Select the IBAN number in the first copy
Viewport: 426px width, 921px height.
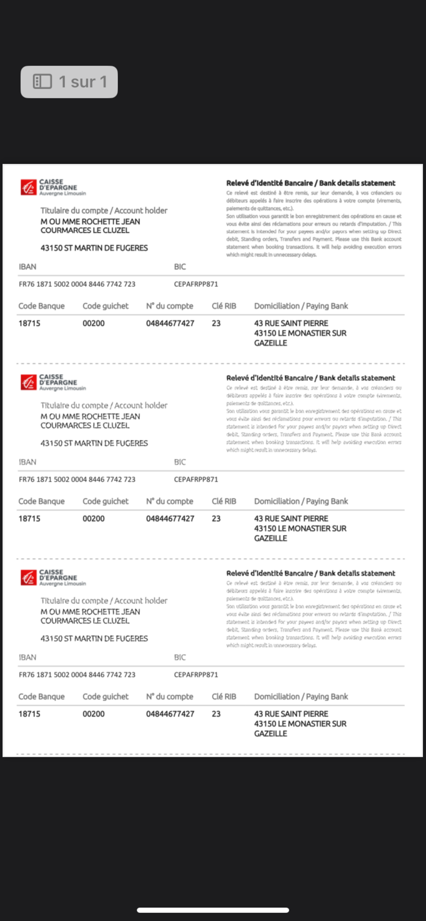point(77,284)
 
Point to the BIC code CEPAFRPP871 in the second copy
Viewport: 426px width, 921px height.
point(196,480)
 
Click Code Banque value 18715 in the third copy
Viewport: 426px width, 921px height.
point(29,714)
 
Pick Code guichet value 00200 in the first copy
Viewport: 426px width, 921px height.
point(94,324)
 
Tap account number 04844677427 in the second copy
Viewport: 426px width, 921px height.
point(170,519)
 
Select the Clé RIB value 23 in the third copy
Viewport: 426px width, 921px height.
point(216,714)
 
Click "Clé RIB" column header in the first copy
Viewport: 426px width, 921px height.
point(224,306)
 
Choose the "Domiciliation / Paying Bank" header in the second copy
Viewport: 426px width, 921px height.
point(301,501)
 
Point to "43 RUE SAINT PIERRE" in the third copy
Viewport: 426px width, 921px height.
point(291,714)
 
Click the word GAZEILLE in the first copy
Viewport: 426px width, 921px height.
point(270,343)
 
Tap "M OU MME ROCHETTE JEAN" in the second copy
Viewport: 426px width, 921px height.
point(90,417)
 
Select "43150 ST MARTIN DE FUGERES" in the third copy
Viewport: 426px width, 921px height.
point(94,638)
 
